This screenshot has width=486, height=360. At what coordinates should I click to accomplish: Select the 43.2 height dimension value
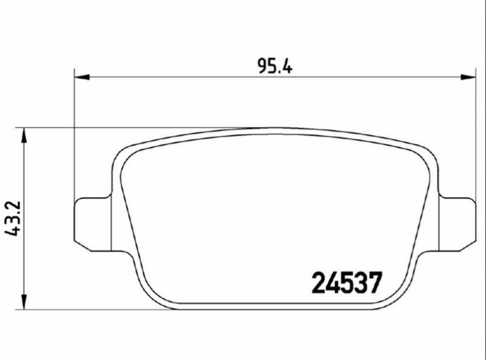(13, 218)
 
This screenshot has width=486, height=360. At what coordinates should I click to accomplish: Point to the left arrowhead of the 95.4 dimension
(82, 77)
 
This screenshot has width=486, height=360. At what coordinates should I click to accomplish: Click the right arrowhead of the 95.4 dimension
(469, 77)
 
